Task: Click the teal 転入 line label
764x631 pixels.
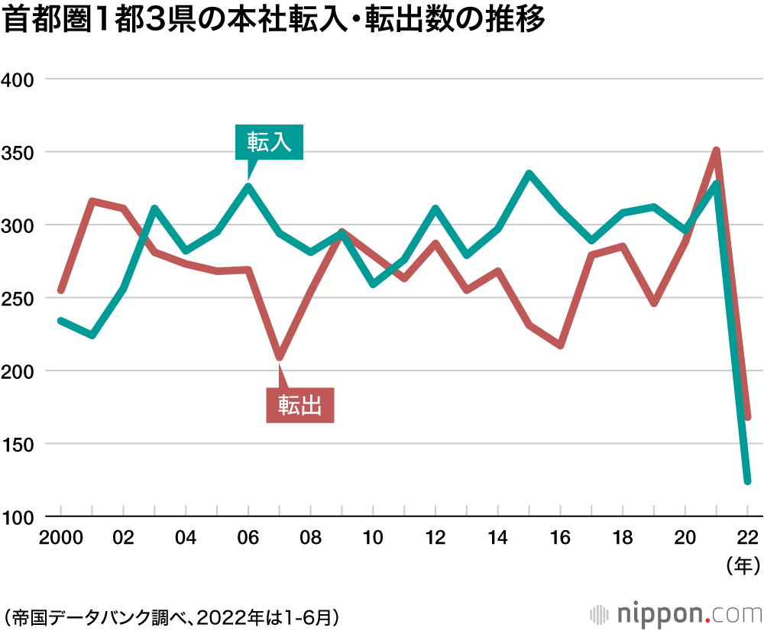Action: (x=269, y=142)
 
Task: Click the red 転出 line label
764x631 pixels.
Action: (x=299, y=405)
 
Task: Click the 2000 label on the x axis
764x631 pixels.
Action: (x=60, y=538)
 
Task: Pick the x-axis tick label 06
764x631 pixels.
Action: (x=248, y=538)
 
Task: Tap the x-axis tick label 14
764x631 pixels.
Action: (x=498, y=538)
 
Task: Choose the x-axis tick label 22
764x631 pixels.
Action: (x=748, y=538)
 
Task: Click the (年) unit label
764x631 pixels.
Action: (x=742, y=567)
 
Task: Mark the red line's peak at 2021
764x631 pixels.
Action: (x=717, y=150)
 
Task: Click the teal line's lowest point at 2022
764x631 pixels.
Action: (x=747, y=481)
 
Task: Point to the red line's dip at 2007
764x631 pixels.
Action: (x=280, y=357)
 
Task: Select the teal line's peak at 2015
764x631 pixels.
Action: (x=529, y=174)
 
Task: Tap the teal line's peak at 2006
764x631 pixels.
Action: (x=248, y=186)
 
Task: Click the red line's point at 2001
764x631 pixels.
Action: (x=92, y=202)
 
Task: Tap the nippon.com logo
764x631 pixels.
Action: (x=675, y=613)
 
